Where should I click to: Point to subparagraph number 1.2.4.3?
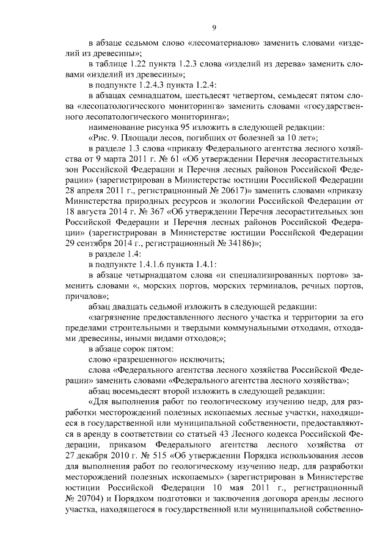tap(150, 84)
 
